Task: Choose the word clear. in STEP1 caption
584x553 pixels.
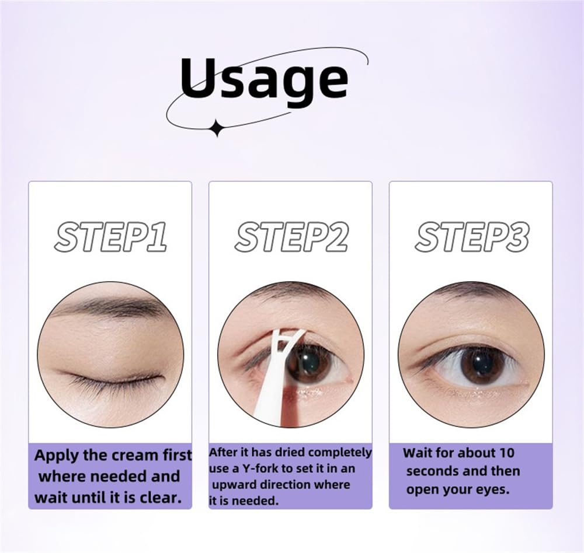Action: (x=161, y=498)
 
